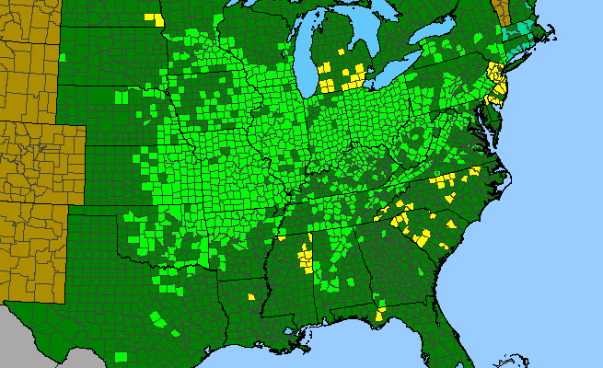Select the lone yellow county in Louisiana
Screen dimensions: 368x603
tap(251, 296)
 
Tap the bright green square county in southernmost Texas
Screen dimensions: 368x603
tap(121, 355)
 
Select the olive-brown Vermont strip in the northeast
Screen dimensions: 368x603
tap(500, 11)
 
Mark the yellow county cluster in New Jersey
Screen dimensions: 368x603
tap(499, 84)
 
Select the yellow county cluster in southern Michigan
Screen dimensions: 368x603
tap(342, 75)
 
